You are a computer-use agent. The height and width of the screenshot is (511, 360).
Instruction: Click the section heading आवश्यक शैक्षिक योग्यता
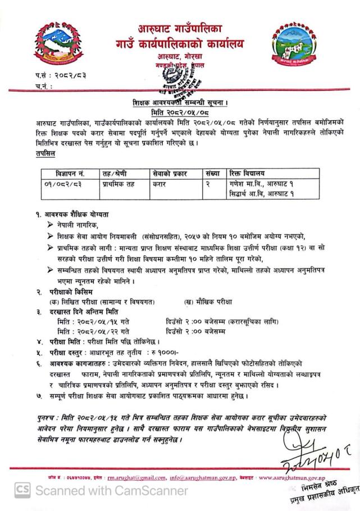79,214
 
